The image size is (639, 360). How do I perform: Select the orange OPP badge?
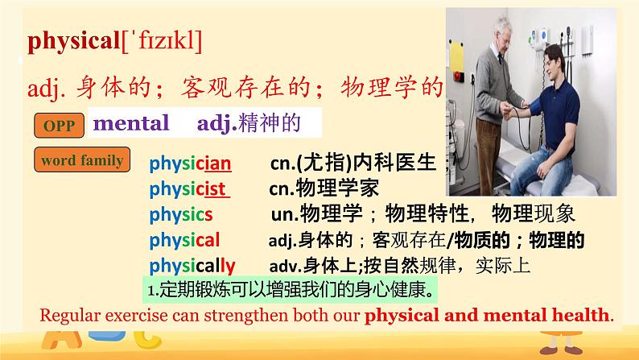tap(58, 126)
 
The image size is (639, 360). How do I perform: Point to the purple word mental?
tap(131, 123)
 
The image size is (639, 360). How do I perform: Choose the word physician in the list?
tap(190, 164)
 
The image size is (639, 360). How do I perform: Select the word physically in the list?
tap(192, 265)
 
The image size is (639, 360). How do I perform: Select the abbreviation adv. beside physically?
tap(282, 265)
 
